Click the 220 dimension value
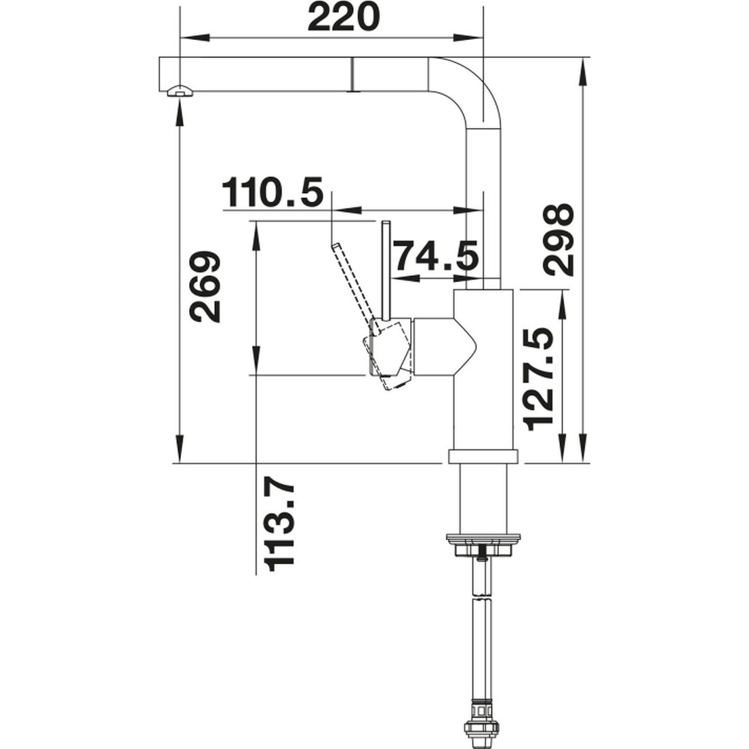click(343, 17)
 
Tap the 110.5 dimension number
click(273, 192)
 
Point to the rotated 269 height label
click(205, 286)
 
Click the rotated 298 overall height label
click(558, 240)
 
